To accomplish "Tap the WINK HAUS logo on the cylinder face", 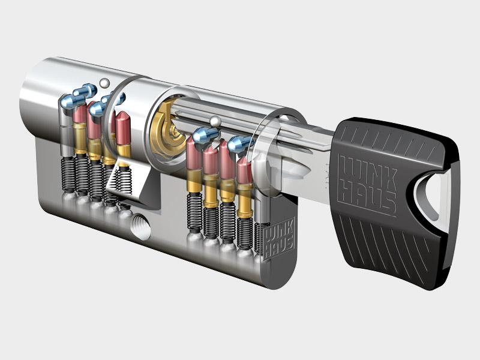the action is pyautogui.click(x=278, y=238).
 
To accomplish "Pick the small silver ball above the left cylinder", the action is pyautogui.click(x=104, y=83).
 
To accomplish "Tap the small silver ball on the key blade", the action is pyautogui.click(x=215, y=121).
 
